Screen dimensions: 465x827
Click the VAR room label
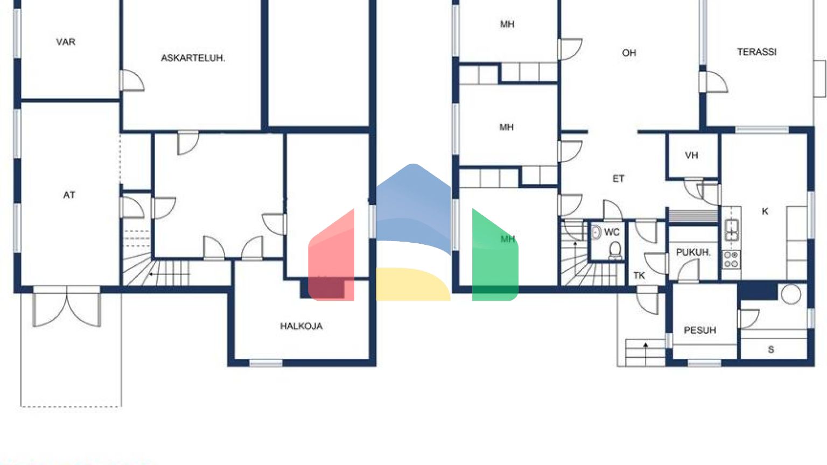coord(66,42)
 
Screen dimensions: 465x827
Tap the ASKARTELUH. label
coord(193,58)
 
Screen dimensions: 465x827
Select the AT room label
coord(69,195)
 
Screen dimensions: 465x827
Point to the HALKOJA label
coord(301,326)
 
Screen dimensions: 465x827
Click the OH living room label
coord(629,53)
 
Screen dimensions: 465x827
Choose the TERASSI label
coord(756,52)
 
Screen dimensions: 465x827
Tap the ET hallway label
coord(618,179)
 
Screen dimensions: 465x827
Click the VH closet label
coord(691,156)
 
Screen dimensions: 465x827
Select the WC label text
coord(612,232)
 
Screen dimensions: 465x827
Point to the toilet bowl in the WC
coord(615,250)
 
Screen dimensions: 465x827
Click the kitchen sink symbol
coord(731,230)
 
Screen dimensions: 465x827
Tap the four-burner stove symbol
coord(731,259)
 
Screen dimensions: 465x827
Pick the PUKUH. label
coord(693,252)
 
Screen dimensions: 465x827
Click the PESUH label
coord(700,330)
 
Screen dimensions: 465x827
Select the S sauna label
coord(771,350)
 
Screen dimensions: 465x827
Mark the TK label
coord(639,276)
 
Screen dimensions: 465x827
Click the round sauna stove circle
coord(791,294)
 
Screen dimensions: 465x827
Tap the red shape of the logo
coord(331,258)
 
